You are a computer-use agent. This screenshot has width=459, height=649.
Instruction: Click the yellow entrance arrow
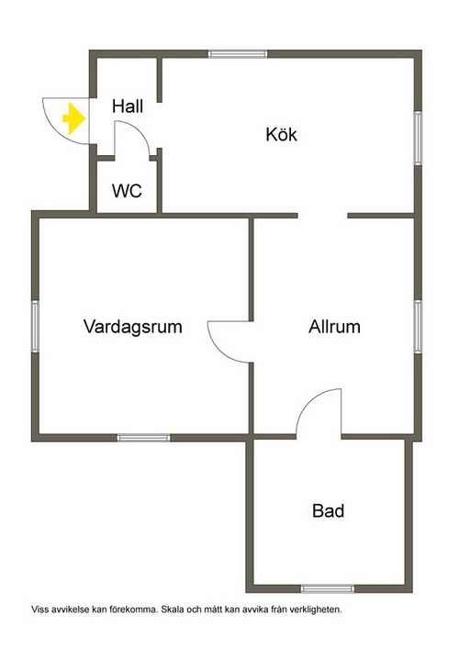(x=74, y=118)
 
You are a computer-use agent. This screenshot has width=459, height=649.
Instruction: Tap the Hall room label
(x=128, y=106)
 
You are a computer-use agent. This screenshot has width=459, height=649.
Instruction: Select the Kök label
(x=282, y=135)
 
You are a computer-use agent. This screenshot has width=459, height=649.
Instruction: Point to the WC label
(x=127, y=191)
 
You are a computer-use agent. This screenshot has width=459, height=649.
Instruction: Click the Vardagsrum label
(x=133, y=327)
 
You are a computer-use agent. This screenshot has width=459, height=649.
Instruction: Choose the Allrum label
(x=334, y=327)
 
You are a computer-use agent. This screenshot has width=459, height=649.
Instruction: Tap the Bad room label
(x=329, y=510)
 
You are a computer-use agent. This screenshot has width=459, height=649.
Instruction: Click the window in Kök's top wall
(x=238, y=54)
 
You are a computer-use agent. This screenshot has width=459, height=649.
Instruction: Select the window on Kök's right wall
(x=418, y=139)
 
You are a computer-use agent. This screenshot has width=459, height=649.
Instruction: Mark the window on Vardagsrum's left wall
(x=35, y=327)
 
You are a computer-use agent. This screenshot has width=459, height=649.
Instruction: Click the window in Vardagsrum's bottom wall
(x=143, y=438)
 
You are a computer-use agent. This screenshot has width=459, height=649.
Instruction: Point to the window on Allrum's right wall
(x=418, y=327)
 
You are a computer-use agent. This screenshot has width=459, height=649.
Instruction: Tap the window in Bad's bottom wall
(x=328, y=588)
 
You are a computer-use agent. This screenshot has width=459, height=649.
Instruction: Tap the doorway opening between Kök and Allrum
(x=322, y=216)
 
